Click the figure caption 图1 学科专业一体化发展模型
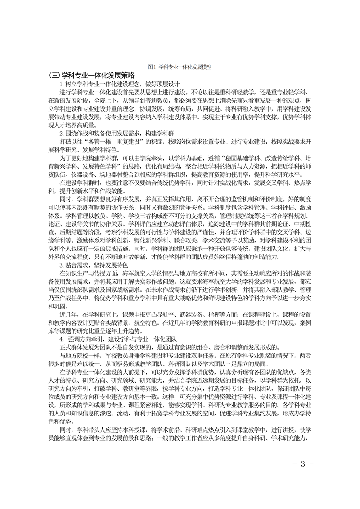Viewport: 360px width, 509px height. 180,67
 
